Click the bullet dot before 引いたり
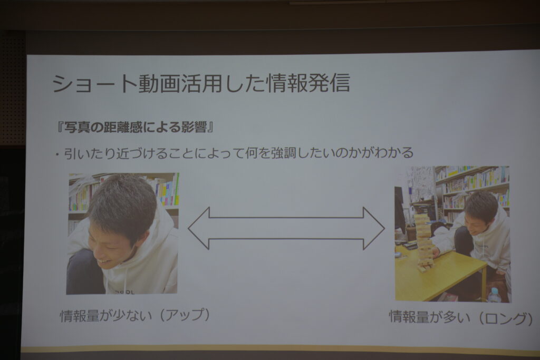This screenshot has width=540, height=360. pos(57,154)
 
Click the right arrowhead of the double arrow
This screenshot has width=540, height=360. pos(374,228)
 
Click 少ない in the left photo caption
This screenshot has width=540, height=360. pos(132,315)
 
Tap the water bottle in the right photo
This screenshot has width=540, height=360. pos(495,295)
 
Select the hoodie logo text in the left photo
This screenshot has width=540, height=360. pos(124,291)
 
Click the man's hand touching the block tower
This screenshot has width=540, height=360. pos(435,252)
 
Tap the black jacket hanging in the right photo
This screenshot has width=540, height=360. pos(400,210)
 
